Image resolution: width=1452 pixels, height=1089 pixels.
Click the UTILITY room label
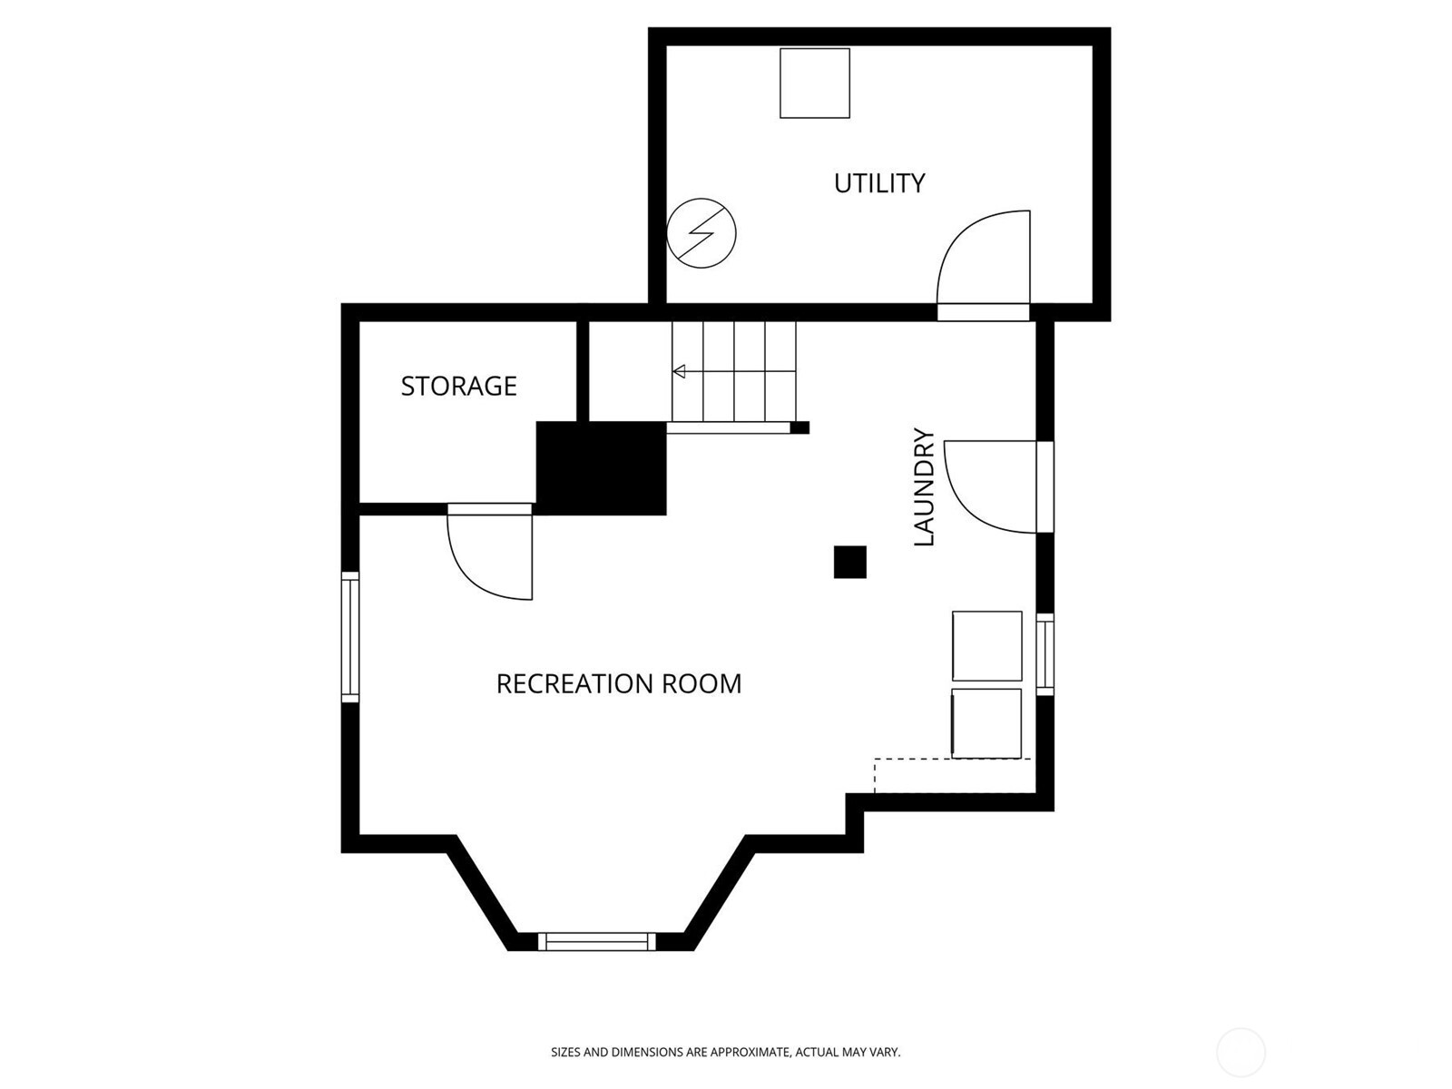click(x=879, y=183)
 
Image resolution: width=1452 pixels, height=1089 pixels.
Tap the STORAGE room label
click(x=458, y=387)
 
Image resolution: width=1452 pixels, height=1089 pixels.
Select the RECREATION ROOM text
click(x=618, y=683)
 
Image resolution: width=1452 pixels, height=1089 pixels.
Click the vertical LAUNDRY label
click(x=923, y=487)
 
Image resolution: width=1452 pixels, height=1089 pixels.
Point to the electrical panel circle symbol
click(x=701, y=233)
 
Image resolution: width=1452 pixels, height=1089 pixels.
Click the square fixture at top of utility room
click(x=815, y=83)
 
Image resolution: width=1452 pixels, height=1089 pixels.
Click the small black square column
click(x=849, y=562)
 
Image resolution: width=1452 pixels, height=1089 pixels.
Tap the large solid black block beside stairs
click(x=601, y=468)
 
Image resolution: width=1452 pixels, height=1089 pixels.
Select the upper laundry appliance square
click(x=986, y=646)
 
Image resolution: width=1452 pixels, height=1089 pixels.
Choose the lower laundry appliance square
click(x=986, y=723)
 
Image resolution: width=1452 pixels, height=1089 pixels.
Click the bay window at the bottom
click(x=596, y=941)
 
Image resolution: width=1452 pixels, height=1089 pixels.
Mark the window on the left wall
click(x=350, y=636)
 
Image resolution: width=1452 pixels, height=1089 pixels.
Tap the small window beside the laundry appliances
click(x=1045, y=653)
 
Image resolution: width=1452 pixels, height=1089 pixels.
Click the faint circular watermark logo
click(x=1241, y=1053)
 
